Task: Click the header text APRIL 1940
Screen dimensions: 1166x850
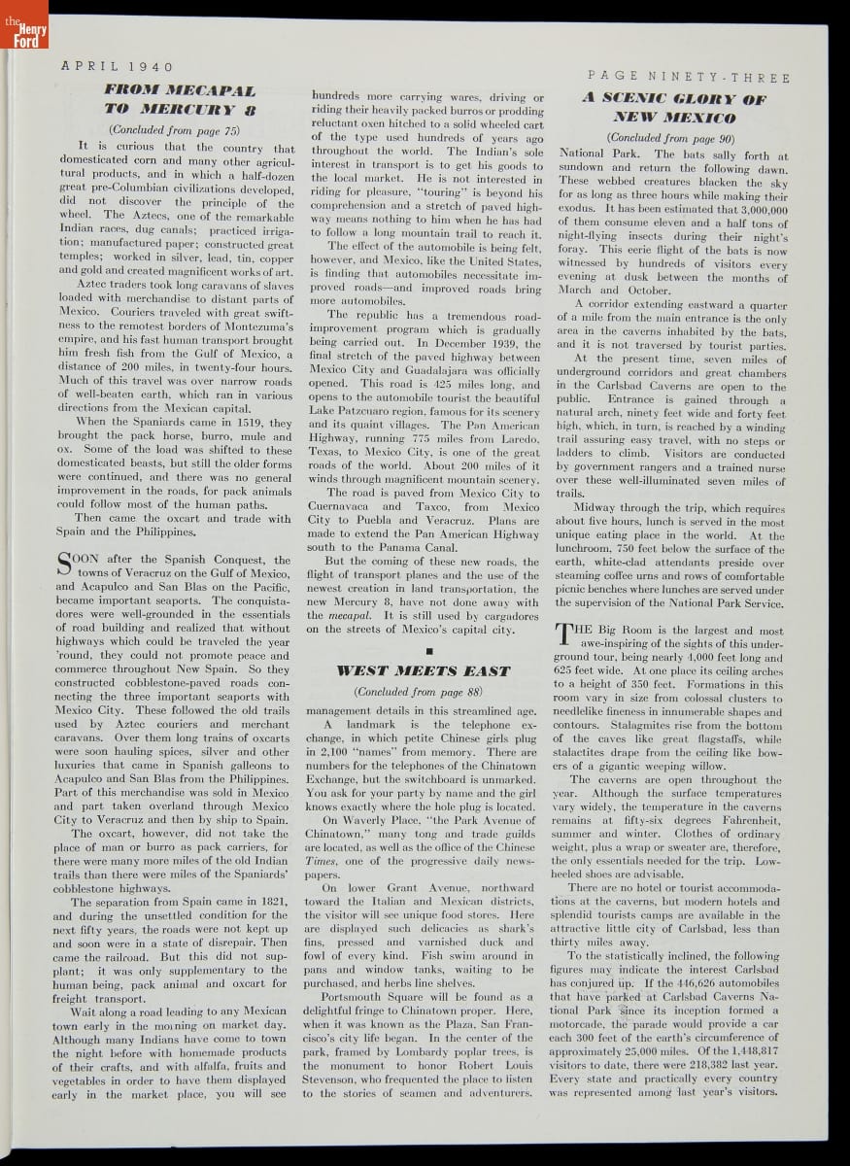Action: [117, 67]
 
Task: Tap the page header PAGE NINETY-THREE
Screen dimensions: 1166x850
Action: [689, 78]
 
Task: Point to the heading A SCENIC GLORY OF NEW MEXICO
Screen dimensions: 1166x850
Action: [673, 108]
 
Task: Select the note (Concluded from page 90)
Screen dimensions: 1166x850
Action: [672, 139]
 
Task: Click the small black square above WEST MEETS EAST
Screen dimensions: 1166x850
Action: [425, 649]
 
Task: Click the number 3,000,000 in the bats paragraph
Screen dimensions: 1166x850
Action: [753, 209]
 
